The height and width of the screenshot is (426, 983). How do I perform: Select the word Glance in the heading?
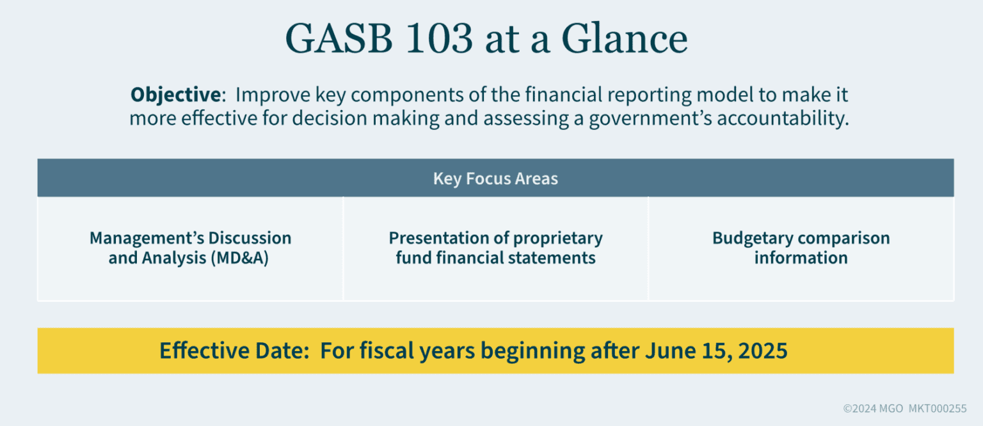coord(624,40)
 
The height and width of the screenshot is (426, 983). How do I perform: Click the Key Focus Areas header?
coord(495,178)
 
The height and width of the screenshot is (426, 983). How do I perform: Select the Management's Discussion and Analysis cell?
coord(190,248)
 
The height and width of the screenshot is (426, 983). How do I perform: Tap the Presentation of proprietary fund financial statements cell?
coord(495,248)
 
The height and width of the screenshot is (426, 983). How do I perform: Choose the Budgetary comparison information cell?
coord(801,248)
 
